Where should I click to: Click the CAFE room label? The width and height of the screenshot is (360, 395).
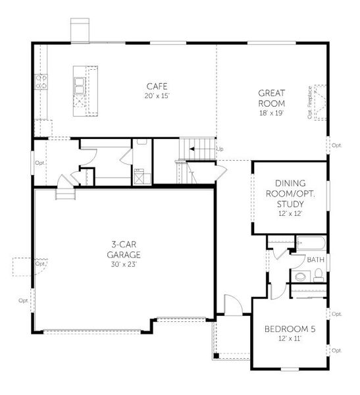[x=157, y=86]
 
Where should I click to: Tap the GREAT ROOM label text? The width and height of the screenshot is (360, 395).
[x=270, y=98]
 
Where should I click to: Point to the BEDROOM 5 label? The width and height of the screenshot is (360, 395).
[x=290, y=329]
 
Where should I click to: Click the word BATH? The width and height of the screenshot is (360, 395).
[x=315, y=261]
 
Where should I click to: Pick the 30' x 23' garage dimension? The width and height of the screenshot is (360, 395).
[x=124, y=265]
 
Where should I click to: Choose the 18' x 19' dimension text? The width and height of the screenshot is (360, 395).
[x=270, y=113]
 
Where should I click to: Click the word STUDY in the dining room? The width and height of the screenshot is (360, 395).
[x=290, y=203]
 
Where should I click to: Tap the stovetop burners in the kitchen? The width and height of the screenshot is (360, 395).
[x=41, y=82]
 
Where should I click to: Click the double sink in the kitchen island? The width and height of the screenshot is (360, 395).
[x=80, y=84]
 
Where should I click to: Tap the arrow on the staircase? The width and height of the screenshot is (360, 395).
[x=192, y=149]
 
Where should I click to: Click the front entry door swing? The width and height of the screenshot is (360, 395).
[x=232, y=304]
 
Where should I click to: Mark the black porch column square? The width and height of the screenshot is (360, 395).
[x=215, y=357]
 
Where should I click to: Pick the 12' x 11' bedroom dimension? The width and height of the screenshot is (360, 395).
[x=290, y=339]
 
